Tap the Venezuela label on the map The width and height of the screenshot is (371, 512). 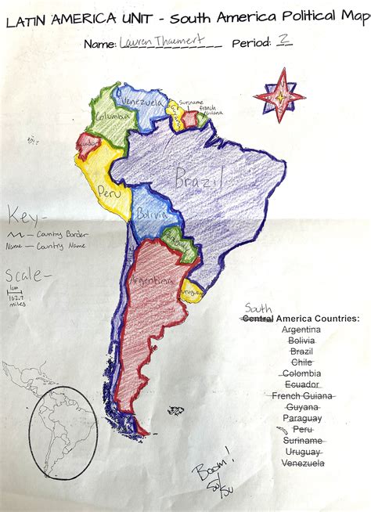click(x=141, y=103)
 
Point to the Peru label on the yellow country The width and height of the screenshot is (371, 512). click(x=107, y=189)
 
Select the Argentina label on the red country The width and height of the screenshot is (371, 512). click(x=153, y=279)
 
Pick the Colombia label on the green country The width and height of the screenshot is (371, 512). click(x=110, y=116)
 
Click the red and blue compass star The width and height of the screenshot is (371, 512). click(x=279, y=96)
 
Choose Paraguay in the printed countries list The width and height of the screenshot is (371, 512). click(x=301, y=418)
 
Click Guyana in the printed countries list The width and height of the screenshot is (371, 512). click(x=301, y=407)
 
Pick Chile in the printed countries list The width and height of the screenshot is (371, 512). click(x=301, y=362)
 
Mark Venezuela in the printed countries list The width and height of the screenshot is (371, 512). click(x=301, y=463)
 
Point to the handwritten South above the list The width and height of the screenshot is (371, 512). click(x=258, y=308)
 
